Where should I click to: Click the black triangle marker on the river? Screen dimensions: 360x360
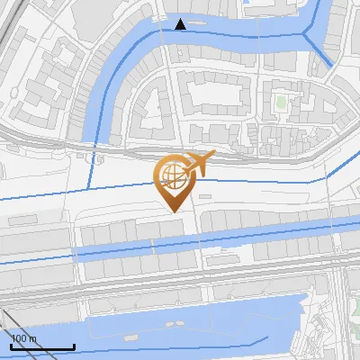point(181,24)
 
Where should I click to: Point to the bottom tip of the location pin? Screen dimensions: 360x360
point(172,212)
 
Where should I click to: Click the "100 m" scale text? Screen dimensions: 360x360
point(24,338)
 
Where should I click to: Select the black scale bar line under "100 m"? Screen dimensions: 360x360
point(41,347)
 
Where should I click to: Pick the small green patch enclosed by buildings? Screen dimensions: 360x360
point(280,103)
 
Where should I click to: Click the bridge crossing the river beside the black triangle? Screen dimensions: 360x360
point(167,28)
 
